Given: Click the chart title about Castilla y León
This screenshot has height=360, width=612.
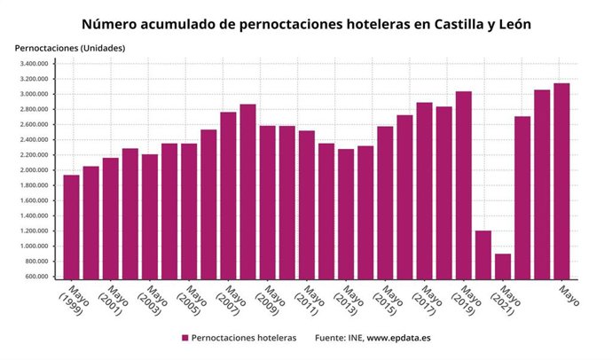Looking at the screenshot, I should click(x=306, y=24).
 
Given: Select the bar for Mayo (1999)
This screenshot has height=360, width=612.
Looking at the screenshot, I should click(x=71, y=226).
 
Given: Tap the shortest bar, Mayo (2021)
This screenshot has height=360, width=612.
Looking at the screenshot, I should click(x=502, y=266).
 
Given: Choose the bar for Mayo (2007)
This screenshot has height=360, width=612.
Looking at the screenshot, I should click(x=228, y=195).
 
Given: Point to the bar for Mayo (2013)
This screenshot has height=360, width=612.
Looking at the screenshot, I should click(x=346, y=214).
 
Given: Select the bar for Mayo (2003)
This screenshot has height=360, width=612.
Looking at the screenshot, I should click(x=150, y=216).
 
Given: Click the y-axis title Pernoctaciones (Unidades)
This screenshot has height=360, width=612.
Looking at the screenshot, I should click(x=69, y=47).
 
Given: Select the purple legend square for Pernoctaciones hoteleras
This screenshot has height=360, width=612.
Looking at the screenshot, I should click(x=185, y=338).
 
